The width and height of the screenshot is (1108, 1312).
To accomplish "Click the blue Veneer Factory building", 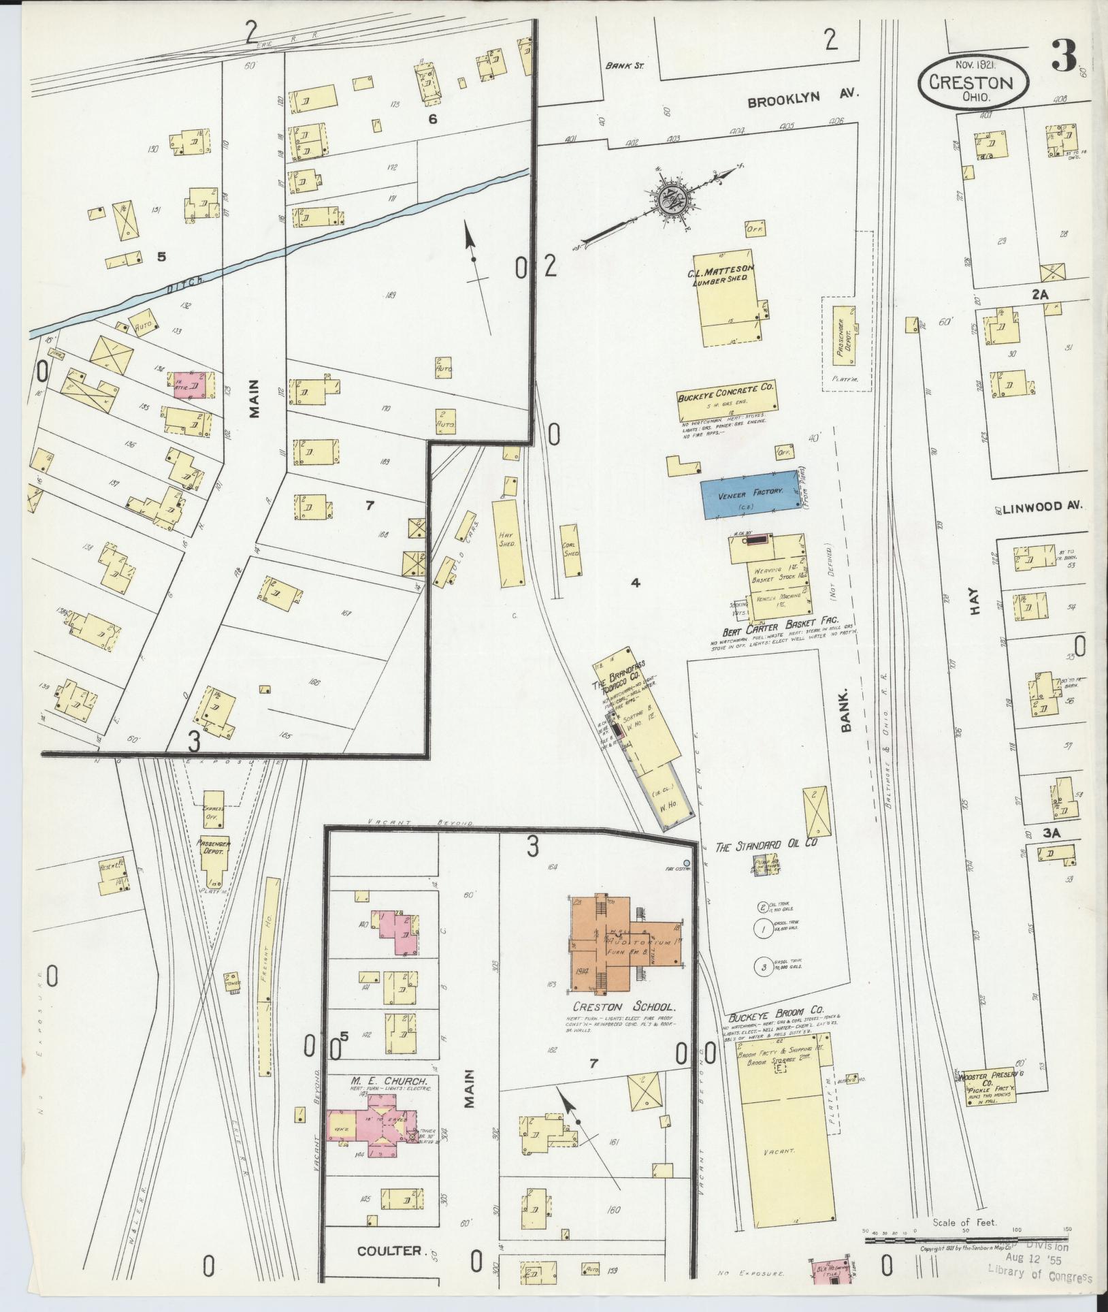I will [x=748, y=494].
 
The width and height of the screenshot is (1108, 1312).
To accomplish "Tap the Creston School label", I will [x=623, y=1025].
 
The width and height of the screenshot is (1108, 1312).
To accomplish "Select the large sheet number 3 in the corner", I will [x=1064, y=56].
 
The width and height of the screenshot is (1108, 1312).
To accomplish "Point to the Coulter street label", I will [x=391, y=1251].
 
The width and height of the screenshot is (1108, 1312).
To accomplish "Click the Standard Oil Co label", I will [x=766, y=846].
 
